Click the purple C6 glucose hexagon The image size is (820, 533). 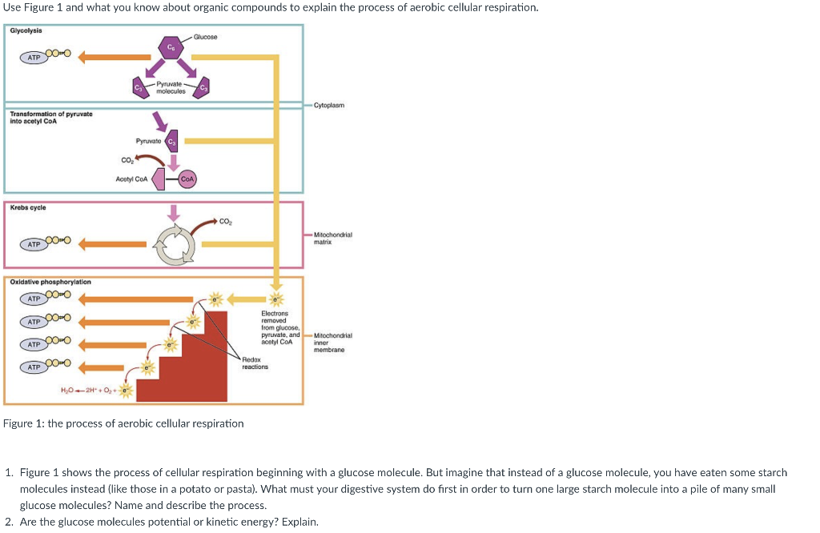pyautogui.click(x=170, y=49)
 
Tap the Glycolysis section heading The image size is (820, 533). pyautogui.click(x=26, y=30)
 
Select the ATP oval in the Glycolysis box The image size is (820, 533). pyautogui.click(x=34, y=57)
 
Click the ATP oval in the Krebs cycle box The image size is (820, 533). pyautogui.click(x=34, y=244)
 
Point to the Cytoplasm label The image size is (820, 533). pyautogui.click(x=329, y=105)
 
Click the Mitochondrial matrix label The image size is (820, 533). pyautogui.click(x=332, y=237)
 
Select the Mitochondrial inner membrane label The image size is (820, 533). pyautogui.click(x=329, y=343)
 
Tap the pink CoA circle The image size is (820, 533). pyautogui.click(x=187, y=179)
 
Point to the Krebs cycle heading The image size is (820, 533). pyautogui.click(x=28, y=207)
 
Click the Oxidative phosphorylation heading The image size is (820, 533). pyautogui.click(x=50, y=282)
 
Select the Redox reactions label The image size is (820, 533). pyautogui.click(x=255, y=363)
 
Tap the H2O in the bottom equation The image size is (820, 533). pyautogui.click(x=68, y=390)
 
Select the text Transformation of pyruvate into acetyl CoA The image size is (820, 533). pyautogui.click(x=51, y=117)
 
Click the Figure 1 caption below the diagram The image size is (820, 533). pyautogui.click(x=123, y=423)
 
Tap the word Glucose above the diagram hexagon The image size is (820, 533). pyautogui.click(x=205, y=37)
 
